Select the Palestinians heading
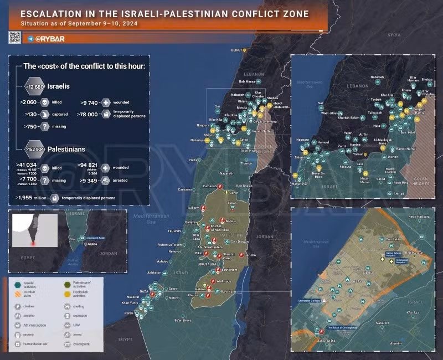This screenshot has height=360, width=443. (x=66, y=149)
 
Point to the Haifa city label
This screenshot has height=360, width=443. (x=193, y=160)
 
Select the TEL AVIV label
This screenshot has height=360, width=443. (x=175, y=230)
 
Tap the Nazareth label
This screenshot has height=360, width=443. (x=226, y=174)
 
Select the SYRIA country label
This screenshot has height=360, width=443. (x=394, y=34)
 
